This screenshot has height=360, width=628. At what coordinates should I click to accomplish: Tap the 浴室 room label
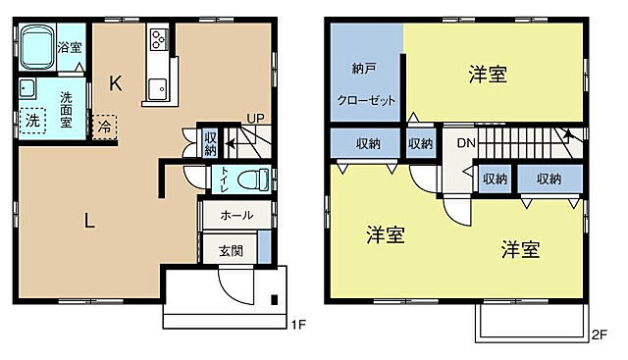[70, 47]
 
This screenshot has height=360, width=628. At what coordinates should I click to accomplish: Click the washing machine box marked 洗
[32, 121]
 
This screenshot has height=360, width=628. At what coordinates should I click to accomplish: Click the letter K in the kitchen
[115, 83]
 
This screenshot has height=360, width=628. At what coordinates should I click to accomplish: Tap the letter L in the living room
[89, 221]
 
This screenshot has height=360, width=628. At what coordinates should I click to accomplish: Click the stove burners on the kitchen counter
[157, 40]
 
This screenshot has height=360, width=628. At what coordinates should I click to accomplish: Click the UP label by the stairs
[254, 119]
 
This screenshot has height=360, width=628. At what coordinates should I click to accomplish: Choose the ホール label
[235, 215]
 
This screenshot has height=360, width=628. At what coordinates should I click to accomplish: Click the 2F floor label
[598, 334]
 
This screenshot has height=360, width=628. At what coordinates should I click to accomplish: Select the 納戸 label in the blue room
[365, 70]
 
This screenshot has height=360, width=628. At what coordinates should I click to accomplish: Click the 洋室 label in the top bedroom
[488, 74]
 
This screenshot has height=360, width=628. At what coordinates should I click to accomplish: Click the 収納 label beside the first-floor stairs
[210, 143]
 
